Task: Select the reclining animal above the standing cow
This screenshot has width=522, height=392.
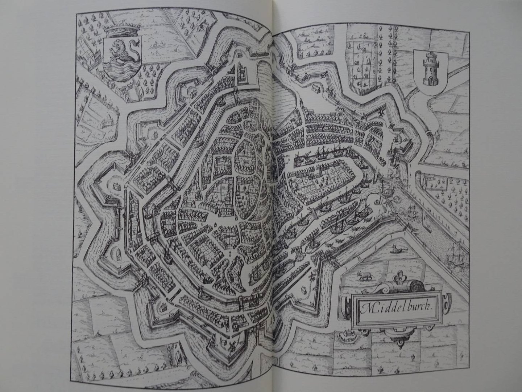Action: [x=397, y=250]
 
